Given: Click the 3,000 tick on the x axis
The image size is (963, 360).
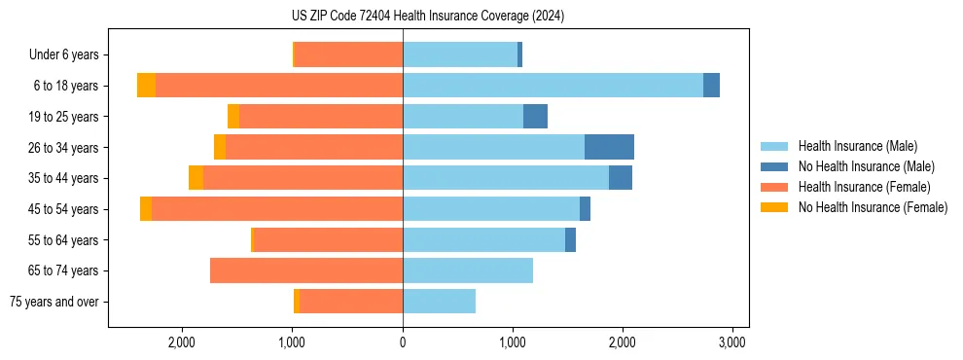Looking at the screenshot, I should [731, 342].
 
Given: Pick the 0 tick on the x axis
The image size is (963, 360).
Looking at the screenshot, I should [403, 342].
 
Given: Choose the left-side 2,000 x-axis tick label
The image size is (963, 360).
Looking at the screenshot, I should [183, 342].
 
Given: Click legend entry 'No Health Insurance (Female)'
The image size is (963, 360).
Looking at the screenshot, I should [872, 207].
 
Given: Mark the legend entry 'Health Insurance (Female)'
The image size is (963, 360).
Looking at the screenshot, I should [864, 187].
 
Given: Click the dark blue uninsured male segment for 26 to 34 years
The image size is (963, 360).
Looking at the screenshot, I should [609, 147].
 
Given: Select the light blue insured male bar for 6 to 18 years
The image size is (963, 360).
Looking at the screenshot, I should [553, 86].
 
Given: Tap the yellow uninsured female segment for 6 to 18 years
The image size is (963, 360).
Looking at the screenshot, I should [146, 86].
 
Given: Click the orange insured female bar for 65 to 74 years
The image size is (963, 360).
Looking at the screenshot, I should [306, 270].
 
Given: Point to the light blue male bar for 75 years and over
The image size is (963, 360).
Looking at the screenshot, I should [439, 302].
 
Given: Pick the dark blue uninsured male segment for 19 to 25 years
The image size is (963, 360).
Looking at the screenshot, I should [535, 117].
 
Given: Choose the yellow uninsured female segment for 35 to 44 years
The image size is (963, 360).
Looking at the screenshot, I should [196, 178].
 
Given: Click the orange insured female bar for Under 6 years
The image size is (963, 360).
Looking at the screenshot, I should [348, 55].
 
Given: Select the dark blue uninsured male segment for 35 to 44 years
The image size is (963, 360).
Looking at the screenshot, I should [621, 178].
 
